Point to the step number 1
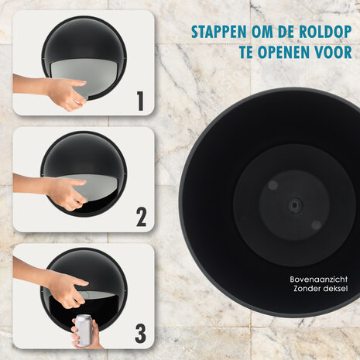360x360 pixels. (139, 100)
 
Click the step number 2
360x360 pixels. (141, 217)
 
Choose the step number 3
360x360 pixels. (139, 334)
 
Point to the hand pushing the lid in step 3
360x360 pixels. (66, 290)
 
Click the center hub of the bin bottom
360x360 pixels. (295, 205)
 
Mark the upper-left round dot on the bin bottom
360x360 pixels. (273, 186)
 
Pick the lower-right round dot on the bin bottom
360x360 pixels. (316, 225)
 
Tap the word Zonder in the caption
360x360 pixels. (307, 289)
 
